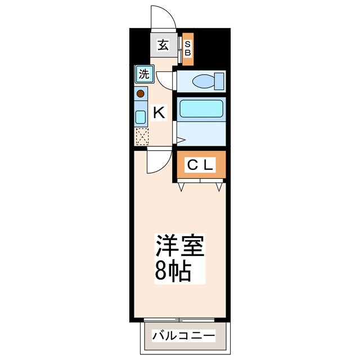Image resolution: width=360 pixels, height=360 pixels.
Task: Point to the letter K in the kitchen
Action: coord(159,112)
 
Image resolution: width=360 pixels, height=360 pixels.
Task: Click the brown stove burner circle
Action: coord(141,93)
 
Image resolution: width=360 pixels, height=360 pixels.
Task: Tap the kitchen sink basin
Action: coord(141,116)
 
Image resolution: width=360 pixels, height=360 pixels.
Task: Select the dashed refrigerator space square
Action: coord(141,136)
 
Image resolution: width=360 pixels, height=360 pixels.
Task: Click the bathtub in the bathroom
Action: coord(201,109)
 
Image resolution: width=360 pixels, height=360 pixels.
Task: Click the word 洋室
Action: coord(180,245)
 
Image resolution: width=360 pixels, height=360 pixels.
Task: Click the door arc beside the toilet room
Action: coord(164,80)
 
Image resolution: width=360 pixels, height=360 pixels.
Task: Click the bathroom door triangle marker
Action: coord(179,139)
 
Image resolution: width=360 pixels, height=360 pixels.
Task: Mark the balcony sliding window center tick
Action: coord(179,319)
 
